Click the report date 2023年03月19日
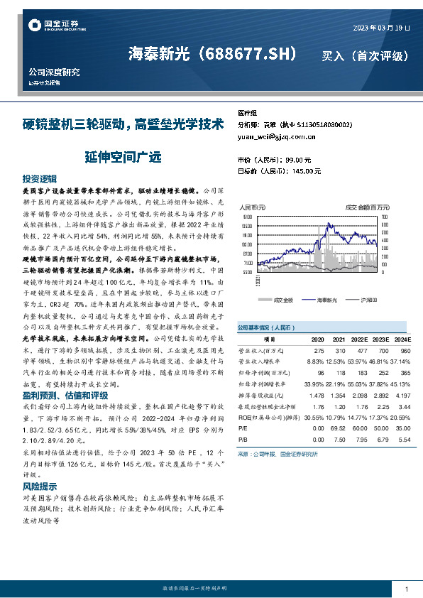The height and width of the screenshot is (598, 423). (382, 28)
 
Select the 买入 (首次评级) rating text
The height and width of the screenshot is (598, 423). (365, 55)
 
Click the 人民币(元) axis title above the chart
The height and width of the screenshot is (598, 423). (253, 207)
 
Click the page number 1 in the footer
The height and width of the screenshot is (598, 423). (406, 589)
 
